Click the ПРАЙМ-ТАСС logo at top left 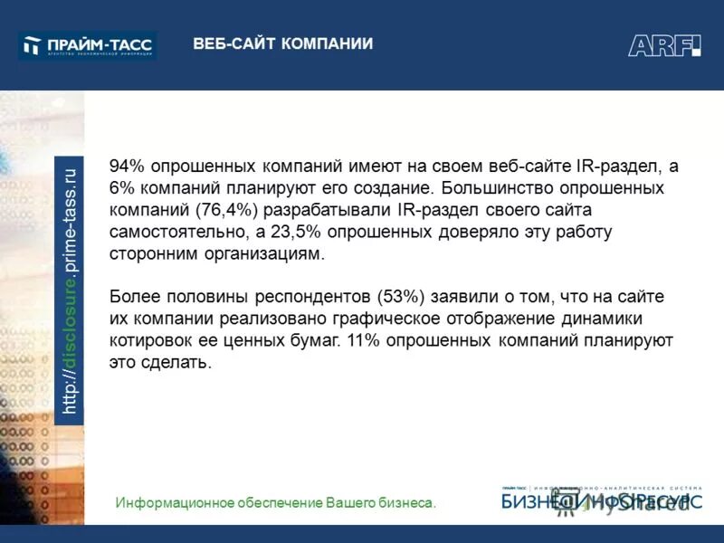88,45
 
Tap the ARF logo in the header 664,45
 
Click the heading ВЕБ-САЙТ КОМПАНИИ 282,44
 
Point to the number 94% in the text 127,167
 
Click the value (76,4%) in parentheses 224,210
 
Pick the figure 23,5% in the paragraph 299,232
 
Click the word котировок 148,340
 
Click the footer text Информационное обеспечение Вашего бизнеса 276,502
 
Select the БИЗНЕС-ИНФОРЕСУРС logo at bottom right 602,499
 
